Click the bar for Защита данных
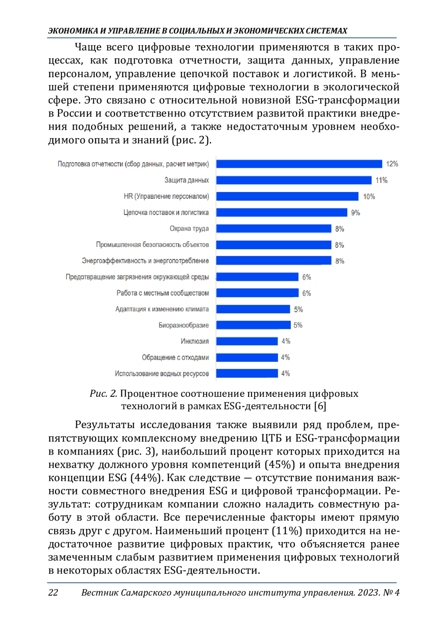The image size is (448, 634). pos(294,180)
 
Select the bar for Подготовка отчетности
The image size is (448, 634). pos(299,164)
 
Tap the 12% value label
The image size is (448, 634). pos(392,164)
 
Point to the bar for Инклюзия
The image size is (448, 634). pos(247,341)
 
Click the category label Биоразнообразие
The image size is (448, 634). pos(184,325)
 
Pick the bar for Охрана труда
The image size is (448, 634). pos(274,228)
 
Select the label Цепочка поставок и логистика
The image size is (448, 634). pos(166,213)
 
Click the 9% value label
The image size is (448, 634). pos(355,213)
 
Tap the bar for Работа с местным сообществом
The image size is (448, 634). pos(257,293)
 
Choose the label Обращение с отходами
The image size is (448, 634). pos(175,358)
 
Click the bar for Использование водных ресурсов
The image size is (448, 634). pos(247,373)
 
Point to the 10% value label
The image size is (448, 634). pos(369,197)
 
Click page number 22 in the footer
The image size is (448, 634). pos(53,593)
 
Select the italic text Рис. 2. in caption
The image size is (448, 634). pos(103,393)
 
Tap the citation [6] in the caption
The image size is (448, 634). pos(320,406)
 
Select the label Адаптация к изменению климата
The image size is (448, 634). pos(162,309)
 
